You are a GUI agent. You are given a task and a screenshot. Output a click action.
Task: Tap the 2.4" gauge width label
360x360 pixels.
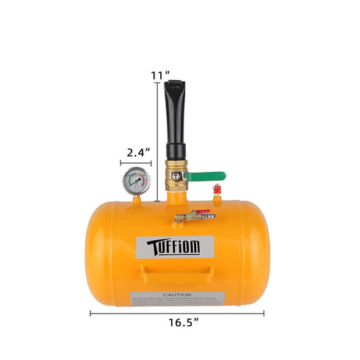(137, 152)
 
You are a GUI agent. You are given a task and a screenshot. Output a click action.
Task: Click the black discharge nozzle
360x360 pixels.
(176, 125)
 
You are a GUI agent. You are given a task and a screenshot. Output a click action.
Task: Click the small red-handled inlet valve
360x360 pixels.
(193, 216)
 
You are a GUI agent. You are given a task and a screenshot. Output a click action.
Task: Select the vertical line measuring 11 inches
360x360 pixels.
(157, 140)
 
